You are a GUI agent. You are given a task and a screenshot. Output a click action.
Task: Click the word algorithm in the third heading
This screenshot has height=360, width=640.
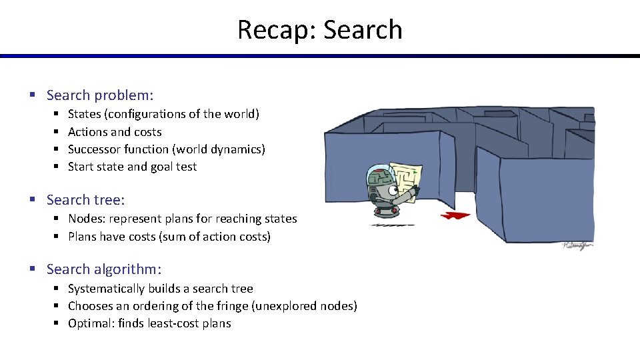tap(128, 269)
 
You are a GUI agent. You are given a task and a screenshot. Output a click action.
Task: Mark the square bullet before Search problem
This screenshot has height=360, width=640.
tap(32, 96)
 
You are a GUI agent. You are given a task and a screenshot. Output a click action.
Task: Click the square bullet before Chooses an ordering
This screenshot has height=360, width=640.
tap(58, 306)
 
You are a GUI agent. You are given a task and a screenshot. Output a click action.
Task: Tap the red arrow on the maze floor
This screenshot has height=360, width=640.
tap(455, 215)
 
